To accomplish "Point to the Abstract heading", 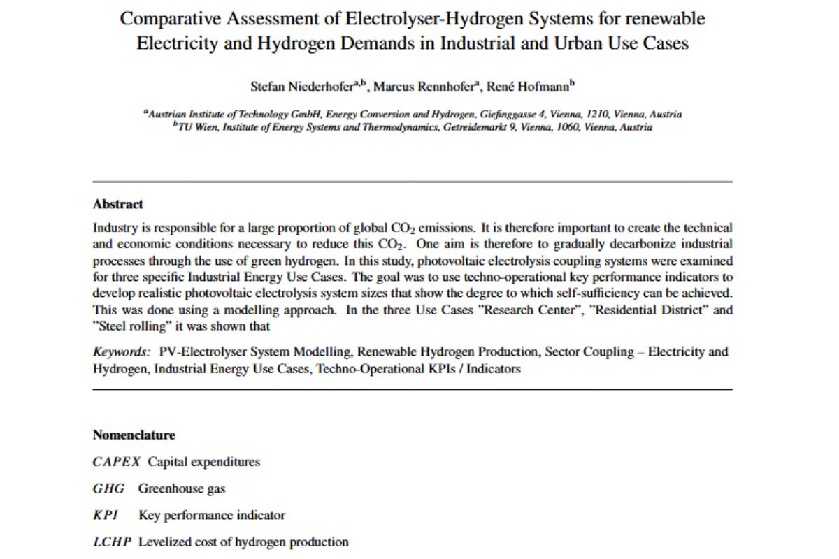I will [x=117, y=204].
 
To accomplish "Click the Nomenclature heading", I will [x=134, y=435].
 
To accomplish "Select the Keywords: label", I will [x=121, y=352].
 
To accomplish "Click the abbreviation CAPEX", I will [x=117, y=462].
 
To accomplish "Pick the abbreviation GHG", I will [x=108, y=488].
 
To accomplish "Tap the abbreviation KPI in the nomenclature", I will [x=106, y=515].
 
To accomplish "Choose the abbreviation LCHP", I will [x=112, y=542].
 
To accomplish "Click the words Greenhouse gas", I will [x=182, y=488].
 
